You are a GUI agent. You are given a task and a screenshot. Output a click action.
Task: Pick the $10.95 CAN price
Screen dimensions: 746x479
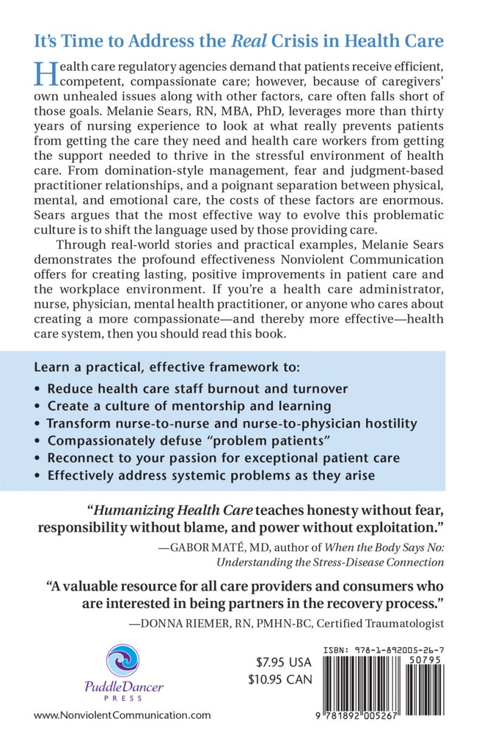tap(280, 679)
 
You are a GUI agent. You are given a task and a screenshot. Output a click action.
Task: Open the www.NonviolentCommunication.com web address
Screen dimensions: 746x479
tap(123, 715)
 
